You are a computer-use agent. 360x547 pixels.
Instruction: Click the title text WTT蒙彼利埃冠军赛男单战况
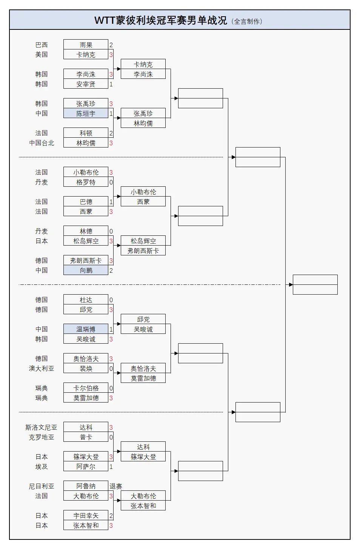click(160, 20)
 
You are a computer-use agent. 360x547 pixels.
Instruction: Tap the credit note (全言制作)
click(247, 22)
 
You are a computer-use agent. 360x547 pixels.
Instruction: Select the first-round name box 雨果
click(86, 45)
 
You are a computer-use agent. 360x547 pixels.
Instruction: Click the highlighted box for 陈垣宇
click(86, 114)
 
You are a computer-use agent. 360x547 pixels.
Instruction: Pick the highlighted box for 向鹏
click(86, 270)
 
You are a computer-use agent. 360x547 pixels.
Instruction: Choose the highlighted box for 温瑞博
click(86, 329)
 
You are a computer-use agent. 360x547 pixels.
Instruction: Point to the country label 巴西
click(42, 45)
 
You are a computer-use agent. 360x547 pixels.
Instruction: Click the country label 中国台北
click(42, 143)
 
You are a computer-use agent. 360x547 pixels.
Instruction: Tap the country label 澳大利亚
click(42, 369)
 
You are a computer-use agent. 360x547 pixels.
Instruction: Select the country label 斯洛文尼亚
click(41, 427)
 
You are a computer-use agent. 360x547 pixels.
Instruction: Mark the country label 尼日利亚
click(42, 486)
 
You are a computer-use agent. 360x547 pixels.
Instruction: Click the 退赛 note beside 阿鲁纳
click(116, 486)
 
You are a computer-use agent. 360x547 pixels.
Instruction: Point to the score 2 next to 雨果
click(111, 45)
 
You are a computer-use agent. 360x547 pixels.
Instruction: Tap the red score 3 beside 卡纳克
click(111, 55)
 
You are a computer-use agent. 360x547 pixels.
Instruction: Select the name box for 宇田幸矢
click(86, 516)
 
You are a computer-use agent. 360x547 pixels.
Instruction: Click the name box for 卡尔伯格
click(86, 388)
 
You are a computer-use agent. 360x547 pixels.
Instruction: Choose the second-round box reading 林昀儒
click(143, 123)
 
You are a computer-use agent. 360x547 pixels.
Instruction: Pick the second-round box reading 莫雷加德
click(143, 378)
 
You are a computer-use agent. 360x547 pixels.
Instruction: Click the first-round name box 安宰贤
click(86, 84)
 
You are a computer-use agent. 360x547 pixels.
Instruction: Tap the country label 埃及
click(42, 467)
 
